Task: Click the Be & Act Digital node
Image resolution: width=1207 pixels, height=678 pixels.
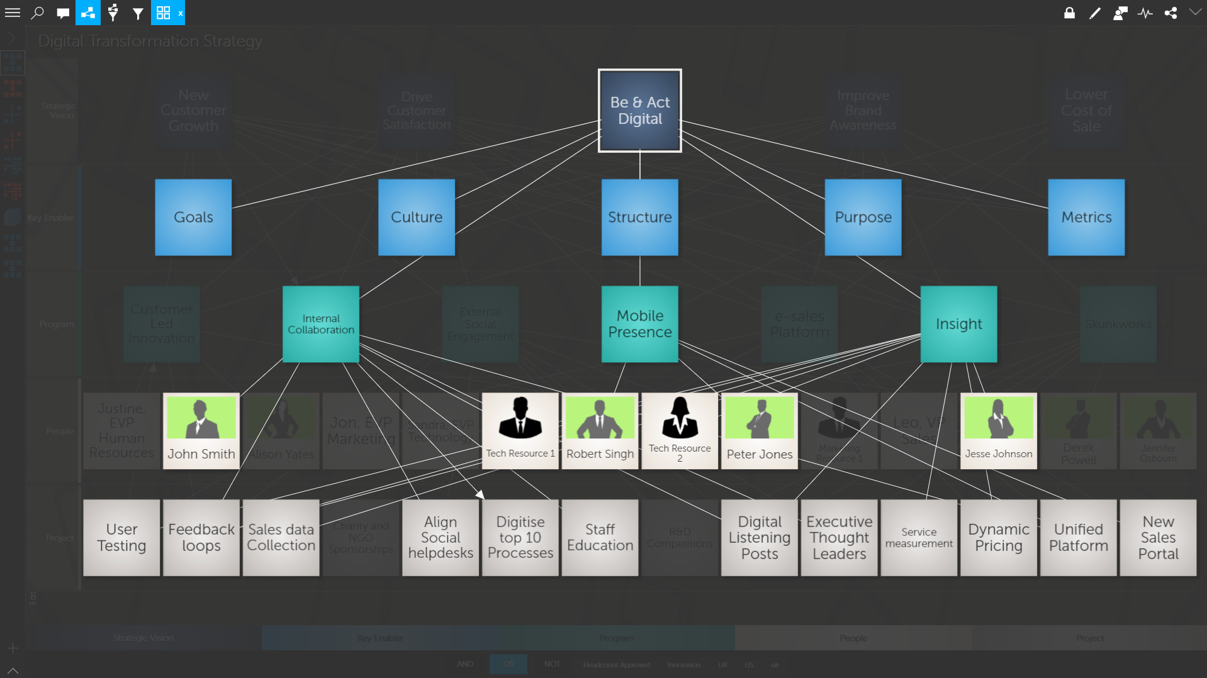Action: (x=639, y=111)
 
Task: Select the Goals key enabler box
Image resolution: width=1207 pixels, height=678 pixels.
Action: (x=193, y=218)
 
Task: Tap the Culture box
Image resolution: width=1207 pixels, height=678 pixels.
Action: (x=416, y=218)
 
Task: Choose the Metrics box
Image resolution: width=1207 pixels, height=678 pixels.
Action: (x=1086, y=218)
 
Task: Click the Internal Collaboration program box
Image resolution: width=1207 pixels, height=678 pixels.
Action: (x=320, y=324)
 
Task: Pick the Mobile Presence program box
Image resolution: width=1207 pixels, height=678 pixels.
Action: (x=639, y=324)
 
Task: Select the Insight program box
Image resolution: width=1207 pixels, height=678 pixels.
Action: (x=958, y=324)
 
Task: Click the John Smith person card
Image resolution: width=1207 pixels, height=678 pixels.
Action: (x=201, y=431)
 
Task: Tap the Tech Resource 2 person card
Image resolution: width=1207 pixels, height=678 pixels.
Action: (x=679, y=431)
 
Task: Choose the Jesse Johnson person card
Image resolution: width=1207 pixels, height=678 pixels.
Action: (x=998, y=431)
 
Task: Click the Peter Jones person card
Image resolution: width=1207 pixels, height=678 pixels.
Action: (x=759, y=431)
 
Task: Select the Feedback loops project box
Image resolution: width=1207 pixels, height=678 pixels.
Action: (x=201, y=538)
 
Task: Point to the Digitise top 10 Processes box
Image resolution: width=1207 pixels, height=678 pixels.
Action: (x=520, y=538)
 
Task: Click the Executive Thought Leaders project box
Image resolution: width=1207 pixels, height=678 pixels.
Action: (x=839, y=538)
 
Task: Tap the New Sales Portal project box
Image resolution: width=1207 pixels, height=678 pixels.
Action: (x=1157, y=538)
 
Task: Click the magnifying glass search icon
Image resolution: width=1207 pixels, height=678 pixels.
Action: (x=38, y=13)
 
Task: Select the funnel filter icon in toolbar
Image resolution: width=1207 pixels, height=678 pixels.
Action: (x=138, y=13)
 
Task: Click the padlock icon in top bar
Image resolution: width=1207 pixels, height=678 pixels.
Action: (x=1069, y=13)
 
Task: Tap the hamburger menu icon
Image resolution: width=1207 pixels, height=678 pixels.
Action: (x=13, y=13)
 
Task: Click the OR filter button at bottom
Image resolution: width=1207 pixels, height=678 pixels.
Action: (x=508, y=664)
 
